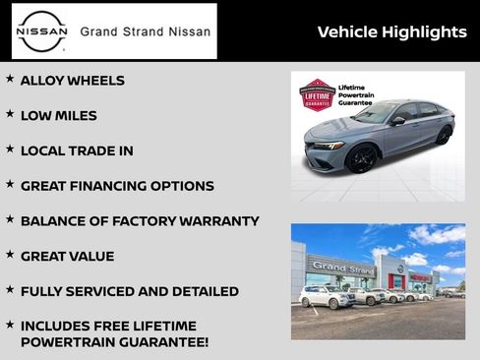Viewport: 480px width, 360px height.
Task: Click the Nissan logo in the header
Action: click(x=42, y=31)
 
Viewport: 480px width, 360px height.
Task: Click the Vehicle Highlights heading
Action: click(x=391, y=32)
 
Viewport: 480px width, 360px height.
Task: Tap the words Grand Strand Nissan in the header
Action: click(x=145, y=31)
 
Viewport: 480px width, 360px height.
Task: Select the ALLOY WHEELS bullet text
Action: click(x=73, y=81)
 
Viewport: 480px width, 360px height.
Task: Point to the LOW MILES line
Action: click(x=59, y=116)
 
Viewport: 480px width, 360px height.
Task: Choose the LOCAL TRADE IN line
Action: click(x=77, y=150)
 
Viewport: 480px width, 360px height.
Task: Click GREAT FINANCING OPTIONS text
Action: click(x=117, y=186)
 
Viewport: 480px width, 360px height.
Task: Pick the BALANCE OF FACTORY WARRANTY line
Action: click(x=140, y=221)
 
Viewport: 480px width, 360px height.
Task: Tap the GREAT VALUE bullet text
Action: click(x=67, y=256)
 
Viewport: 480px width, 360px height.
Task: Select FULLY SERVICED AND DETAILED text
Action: click(x=129, y=291)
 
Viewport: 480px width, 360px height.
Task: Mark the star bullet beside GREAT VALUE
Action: click(x=10, y=255)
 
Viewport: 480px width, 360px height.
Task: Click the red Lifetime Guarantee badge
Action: click(x=317, y=95)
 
